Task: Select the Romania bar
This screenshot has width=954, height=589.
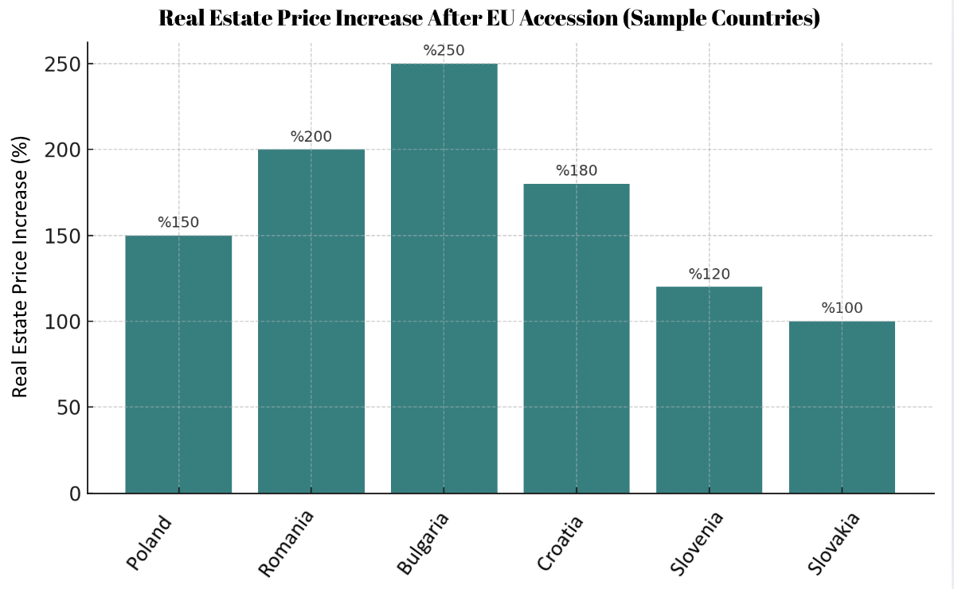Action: coord(311,322)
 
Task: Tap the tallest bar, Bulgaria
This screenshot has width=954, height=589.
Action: coord(444,279)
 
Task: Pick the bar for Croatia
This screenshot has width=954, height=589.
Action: coord(577,338)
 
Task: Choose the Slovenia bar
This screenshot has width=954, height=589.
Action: coord(709,390)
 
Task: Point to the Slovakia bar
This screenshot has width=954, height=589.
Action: coord(842,408)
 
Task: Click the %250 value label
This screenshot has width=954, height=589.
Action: coord(444,51)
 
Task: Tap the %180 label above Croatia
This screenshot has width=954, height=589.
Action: coord(577,171)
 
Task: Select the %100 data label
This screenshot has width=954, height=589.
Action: coord(842,309)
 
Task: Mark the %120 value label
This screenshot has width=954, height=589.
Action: coord(709,275)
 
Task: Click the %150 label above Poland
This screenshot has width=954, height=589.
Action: coord(178,223)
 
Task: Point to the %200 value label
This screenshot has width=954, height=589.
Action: coord(311,137)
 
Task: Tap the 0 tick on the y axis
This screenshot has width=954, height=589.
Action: coord(75,493)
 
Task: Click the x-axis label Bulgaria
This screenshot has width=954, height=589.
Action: coord(424,543)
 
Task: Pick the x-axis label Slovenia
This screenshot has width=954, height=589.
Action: coord(697,543)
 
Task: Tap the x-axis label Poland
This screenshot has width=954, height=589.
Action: coord(149,543)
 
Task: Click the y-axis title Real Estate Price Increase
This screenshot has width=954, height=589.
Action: coord(21,267)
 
